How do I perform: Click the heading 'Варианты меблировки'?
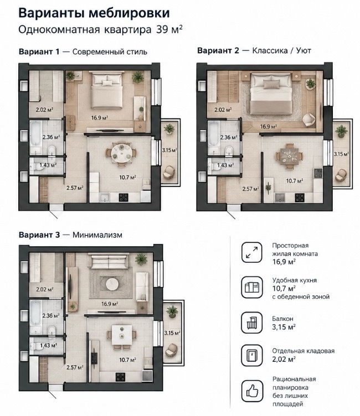coord(94,13)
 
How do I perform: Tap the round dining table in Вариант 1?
coord(121,153)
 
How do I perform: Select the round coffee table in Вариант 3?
coord(112,285)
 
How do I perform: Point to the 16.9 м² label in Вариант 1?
coord(100,117)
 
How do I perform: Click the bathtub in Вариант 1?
coord(35,138)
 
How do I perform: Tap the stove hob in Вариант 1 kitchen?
coord(124,197)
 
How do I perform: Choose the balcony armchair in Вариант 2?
coord(341,175)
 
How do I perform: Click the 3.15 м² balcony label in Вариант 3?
coord(172,332)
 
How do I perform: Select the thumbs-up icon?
coord(252,391)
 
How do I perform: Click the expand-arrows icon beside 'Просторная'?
coord(252,252)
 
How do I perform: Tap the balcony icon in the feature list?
coord(252,323)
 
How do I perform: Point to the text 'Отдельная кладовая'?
coord(303,351)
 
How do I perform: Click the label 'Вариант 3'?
coord(39,235)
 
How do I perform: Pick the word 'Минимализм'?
coord(97,235)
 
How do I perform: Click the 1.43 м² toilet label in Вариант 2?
coord(225,165)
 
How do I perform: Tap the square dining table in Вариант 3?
coord(122,335)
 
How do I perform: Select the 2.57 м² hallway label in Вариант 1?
coord(75,188)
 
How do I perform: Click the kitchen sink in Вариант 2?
coord(280,197)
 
